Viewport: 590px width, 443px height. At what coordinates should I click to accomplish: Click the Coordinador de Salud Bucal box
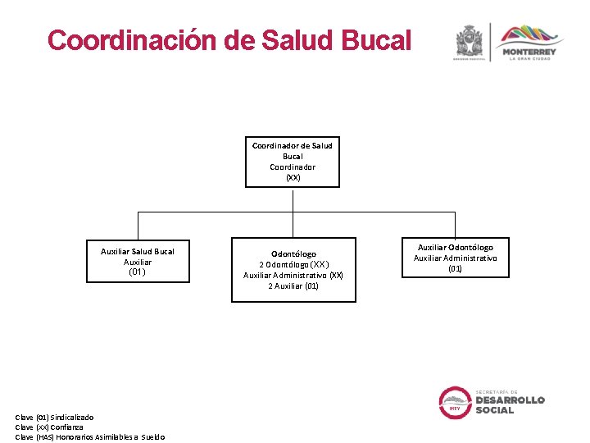click(293, 162)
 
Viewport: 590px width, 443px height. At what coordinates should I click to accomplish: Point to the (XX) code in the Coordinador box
click(293, 177)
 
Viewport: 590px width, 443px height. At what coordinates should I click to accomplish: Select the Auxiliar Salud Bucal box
click(138, 262)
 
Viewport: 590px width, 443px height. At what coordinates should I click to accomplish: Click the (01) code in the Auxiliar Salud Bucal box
click(138, 272)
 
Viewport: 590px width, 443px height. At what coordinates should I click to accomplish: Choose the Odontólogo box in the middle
click(293, 270)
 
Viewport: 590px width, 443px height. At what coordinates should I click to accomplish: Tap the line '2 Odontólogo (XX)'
click(293, 264)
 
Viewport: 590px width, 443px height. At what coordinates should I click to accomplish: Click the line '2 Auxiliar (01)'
click(293, 285)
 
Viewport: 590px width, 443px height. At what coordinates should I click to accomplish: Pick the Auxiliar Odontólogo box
click(455, 258)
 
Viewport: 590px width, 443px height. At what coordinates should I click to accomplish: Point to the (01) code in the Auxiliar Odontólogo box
click(455, 268)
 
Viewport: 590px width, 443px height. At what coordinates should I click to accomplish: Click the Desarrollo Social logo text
click(510, 402)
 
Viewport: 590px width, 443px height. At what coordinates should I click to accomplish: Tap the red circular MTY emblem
click(454, 403)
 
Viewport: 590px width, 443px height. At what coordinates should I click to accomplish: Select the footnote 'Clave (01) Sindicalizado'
click(54, 418)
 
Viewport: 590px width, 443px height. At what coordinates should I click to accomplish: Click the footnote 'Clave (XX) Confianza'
click(49, 427)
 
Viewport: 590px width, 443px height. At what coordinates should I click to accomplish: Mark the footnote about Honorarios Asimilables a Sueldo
click(90, 436)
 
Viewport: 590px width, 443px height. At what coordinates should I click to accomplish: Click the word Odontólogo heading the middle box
click(293, 253)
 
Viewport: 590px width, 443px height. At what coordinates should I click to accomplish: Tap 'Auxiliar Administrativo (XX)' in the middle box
click(293, 275)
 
